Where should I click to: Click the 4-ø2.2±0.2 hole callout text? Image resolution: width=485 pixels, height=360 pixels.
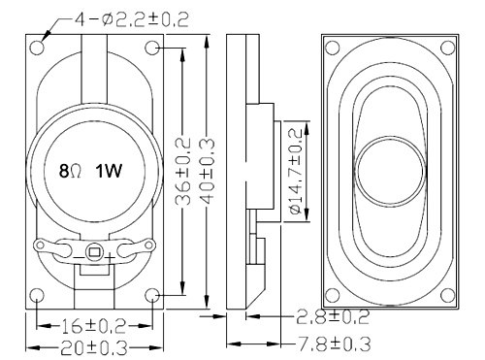(132, 20)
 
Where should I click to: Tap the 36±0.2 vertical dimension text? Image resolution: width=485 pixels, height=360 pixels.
(182, 172)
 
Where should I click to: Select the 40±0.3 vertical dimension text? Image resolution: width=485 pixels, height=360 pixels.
(207, 172)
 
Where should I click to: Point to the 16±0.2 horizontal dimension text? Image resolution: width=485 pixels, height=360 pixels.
(93, 326)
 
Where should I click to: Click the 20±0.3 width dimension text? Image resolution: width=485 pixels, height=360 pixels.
(94, 348)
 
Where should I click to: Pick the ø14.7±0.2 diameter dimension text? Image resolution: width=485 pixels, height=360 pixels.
(296, 172)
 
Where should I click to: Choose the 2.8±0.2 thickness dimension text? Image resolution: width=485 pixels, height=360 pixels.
(333, 317)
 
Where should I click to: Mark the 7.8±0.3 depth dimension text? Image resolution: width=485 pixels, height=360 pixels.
(334, 344)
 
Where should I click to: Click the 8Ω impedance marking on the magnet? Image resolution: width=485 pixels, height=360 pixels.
(70, 171)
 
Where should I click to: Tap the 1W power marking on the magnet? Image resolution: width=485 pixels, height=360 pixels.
(109, 171)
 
